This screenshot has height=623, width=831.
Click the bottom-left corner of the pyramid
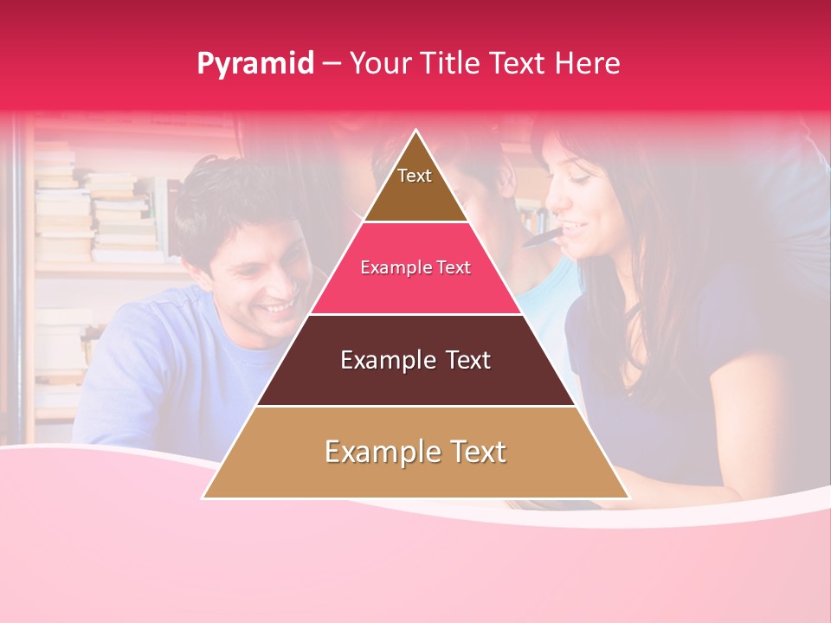click(x=204, y=497)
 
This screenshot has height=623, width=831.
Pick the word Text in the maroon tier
click(x=464, y=360)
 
